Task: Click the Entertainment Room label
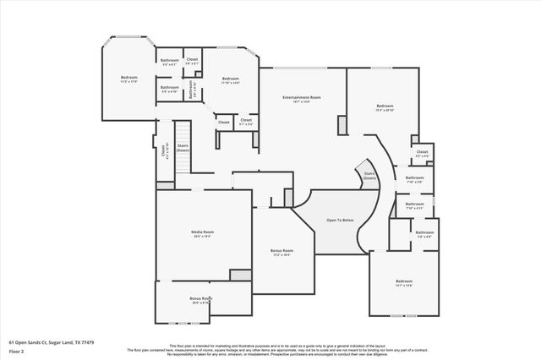(302, 98)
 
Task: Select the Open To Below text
(340, 219)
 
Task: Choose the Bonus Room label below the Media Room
(200, 298)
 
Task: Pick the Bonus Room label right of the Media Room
(281, 251)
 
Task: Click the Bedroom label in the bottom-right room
(405, 281)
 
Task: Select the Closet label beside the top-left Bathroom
(193, 60)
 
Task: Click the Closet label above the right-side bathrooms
(422, 153)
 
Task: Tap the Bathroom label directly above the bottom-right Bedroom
(424, 232)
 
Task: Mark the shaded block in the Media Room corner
(241, 275)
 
